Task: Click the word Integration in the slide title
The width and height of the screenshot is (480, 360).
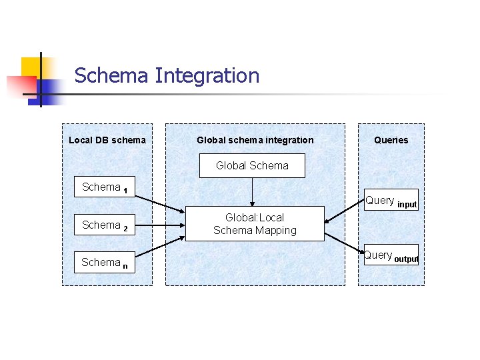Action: point(207,76)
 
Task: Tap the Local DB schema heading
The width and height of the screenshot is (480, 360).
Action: point(107,140)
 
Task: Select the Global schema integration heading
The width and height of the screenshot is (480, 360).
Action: point(255,140)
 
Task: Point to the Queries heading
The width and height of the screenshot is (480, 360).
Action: point(391,140)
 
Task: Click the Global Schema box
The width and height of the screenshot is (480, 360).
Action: point(252,165)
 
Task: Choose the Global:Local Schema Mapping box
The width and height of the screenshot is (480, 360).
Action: point(255,224)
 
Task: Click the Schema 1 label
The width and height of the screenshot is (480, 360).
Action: point(105,188)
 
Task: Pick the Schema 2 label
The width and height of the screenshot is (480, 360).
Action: point(105,226)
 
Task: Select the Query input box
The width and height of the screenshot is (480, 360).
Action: point(391,201)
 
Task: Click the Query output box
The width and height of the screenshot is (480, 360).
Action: point(391,256)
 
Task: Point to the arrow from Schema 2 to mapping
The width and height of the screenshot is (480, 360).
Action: point(160,225)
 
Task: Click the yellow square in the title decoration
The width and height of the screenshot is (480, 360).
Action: point(31,67)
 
